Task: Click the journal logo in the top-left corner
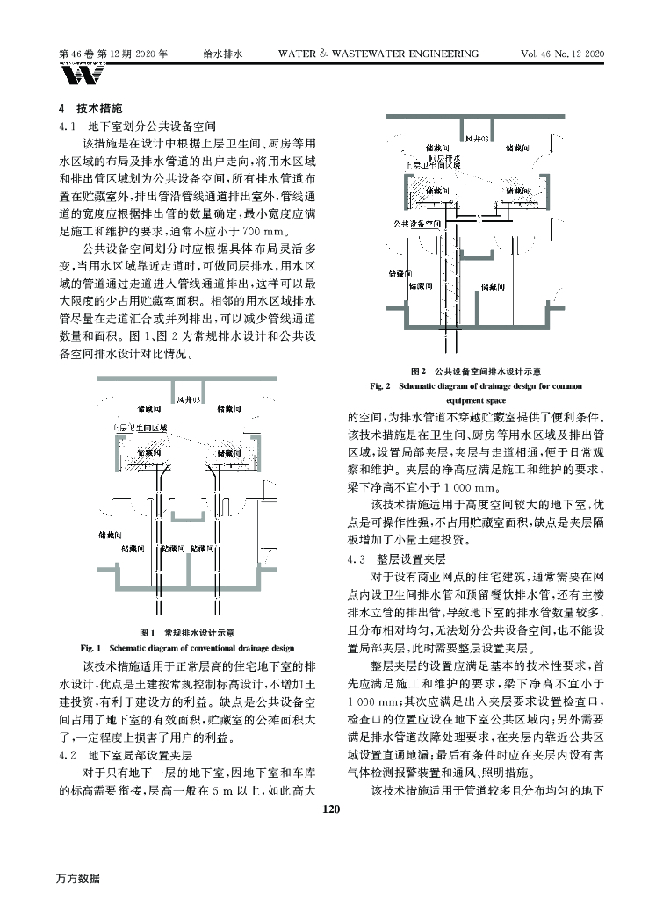pyautogui.click(x=76, y=76)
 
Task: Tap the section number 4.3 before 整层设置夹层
pyautogui.click(x=356, y=558)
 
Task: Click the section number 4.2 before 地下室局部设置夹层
pyautogui.click(x=68, y=754)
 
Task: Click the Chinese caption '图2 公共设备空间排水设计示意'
pyautogui.click(x=474, y=371)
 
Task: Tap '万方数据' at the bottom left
pyautogui.click(x=78, y=878)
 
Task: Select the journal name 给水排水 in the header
pyautogui.click(x=221, y=54)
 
